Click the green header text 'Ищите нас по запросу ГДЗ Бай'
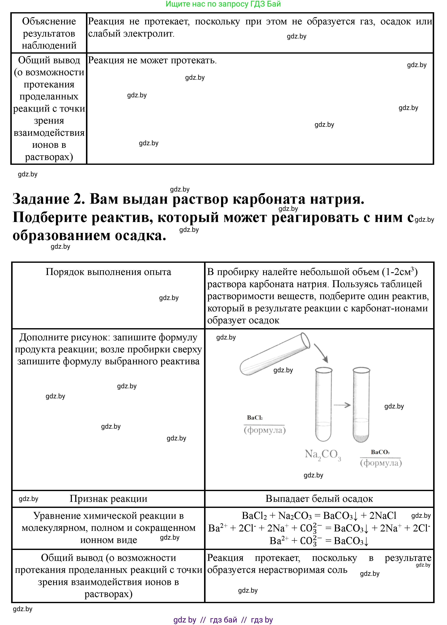[223, 4]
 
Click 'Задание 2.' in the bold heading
[49, 199]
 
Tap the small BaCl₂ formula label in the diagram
[254, 418]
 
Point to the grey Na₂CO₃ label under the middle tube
[323, 455]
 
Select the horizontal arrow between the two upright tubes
[342, 405]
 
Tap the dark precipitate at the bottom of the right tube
[361, 438]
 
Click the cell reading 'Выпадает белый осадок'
[319, 499]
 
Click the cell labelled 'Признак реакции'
[108, 499]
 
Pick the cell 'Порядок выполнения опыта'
[108, 272]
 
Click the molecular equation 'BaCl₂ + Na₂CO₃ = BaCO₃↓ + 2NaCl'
[319, 515]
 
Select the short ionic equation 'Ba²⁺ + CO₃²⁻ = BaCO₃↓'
[319, 541]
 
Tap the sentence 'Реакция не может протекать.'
[152, 60]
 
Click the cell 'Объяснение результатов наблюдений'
[49, 33]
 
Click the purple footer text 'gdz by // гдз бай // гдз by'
[223, 620]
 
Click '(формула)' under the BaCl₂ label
[265, 430]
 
